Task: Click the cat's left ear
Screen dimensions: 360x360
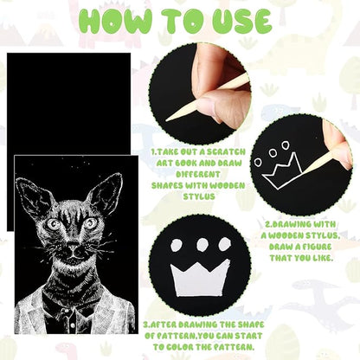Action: point(35,197)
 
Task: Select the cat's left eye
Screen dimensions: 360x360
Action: point(54,224)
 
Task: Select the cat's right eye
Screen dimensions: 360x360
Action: point(91,222)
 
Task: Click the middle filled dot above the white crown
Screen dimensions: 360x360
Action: point(203,245)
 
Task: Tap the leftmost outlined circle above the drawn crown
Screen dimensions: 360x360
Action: point(258,162)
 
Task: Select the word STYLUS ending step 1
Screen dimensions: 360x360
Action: point(199,197)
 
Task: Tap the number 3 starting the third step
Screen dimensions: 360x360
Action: point(146,325)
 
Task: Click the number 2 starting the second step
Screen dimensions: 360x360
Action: point(267,224)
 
